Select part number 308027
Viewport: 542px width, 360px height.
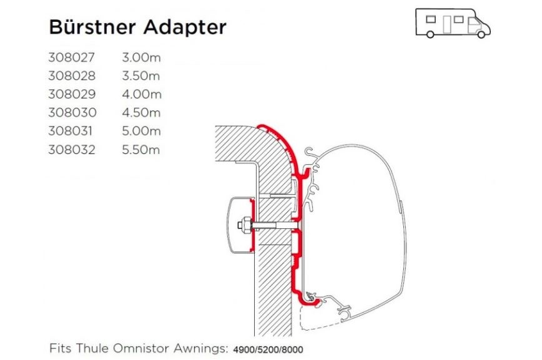[72, 58]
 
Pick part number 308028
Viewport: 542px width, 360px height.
[72, 76]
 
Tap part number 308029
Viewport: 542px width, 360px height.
[72, 95]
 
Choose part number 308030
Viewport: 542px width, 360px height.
[72, 113]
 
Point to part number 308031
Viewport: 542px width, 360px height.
[72, 132]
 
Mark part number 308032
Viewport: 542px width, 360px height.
[72, 150]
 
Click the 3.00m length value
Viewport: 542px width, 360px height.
[141, 58]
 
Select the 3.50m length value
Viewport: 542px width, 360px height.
[141, 76]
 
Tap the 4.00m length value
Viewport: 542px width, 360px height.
[141, 95]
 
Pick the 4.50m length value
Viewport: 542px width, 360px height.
[141, 113]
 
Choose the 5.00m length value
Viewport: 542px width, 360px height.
[141, 132]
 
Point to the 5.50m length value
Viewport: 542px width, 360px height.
[141, 150]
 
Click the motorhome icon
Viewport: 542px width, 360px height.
[453, 22]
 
